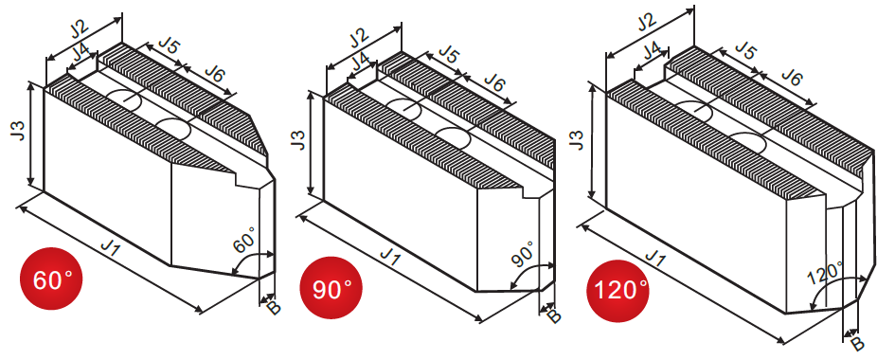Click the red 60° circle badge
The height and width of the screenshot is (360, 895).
[51, 279]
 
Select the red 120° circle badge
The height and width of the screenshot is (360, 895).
[618, 291]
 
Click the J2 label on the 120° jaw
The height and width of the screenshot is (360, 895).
[645, 23]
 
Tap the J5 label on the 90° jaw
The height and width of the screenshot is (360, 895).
[449, 54]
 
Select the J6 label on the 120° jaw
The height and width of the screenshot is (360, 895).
[791, 76]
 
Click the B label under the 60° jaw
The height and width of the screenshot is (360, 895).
[274, 307]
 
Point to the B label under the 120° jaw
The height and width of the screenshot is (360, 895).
[858, 344]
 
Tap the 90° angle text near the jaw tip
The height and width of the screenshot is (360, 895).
[522, 254]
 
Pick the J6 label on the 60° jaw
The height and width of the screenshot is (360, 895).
[215, 74]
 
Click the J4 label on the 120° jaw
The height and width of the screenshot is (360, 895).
[652, 52]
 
